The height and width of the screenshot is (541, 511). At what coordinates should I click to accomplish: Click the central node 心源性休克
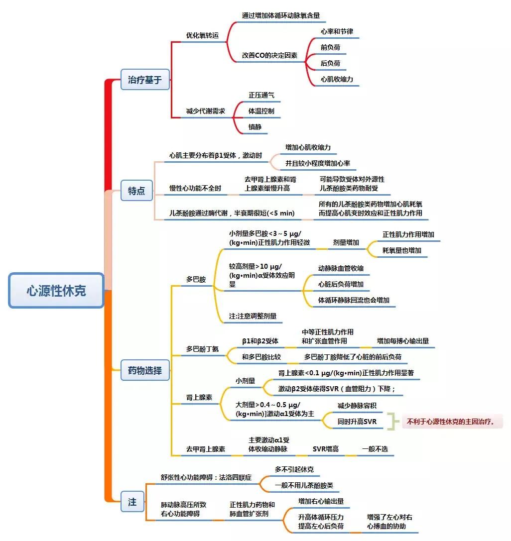(x=56, y=291)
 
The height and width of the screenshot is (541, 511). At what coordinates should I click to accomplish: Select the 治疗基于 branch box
(x=145, y=80)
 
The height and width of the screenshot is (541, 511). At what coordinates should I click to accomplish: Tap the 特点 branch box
(x=136, y=191)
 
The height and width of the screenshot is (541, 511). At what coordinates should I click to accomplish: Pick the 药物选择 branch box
(x=145, y=370)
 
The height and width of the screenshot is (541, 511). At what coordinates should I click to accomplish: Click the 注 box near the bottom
(x=132, y=502)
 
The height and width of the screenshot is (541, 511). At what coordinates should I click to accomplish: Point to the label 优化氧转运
(x=202, y=36)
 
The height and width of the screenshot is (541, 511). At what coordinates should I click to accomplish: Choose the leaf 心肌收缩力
(x=337, y=79)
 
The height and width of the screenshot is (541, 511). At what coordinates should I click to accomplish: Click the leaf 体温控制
(x=261, y=111)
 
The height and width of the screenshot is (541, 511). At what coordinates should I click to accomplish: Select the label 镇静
(x=255, y=127)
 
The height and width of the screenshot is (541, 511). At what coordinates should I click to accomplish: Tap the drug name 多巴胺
(x=196, y=280)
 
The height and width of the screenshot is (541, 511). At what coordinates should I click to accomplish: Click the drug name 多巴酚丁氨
(x=202, y=349)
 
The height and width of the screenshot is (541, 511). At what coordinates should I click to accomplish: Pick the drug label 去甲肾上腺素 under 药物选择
(x=205, y=449)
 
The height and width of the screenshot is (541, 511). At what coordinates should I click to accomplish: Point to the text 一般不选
(x=375, y=449)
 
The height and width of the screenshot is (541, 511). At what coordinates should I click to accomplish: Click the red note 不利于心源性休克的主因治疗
(x=451, y=422)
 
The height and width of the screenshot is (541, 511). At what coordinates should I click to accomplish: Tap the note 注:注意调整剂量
(x=253, y=316)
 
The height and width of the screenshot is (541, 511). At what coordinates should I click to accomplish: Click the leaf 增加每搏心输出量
(x=403, y=341)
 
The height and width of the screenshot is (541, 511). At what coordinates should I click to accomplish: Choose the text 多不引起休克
(x=294, y=469)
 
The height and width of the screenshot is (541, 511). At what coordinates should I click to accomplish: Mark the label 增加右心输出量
(x=321, y=501)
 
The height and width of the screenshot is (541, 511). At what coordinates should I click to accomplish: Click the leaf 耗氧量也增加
(x=402, y=250)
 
